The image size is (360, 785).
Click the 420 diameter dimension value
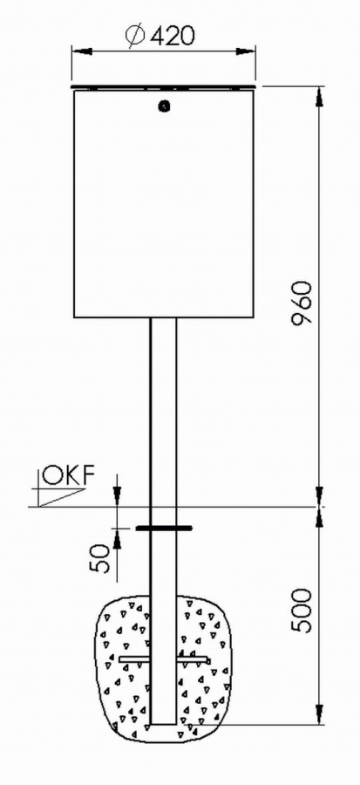point(171,36)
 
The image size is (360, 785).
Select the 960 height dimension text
point(302,304)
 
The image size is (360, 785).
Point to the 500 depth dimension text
point(302,611)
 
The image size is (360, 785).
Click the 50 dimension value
point(100,558)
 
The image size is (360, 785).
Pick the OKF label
point(68,475)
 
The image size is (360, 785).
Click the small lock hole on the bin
point(164,106)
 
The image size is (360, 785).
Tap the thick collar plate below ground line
point(164,528)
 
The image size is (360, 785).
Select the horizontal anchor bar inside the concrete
point(164,659)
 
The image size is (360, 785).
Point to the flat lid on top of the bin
point(165,87)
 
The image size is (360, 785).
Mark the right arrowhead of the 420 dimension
point(246,50)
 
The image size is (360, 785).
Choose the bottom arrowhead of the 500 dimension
point(319,714)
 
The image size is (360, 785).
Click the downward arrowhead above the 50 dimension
point(117,496)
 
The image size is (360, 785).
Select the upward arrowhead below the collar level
point(117,538)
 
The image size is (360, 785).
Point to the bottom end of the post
point(164,723)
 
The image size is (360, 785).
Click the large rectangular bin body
point(164,204)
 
